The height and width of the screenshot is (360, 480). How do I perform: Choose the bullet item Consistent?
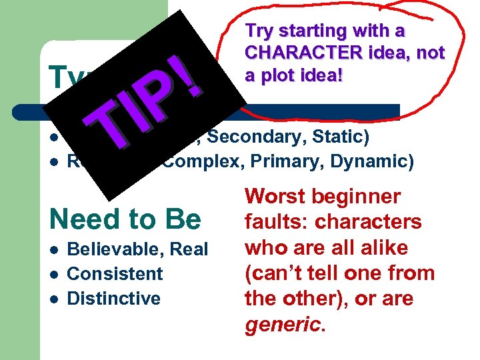coord(115,273)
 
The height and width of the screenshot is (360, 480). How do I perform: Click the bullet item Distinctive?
coord(114,297)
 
